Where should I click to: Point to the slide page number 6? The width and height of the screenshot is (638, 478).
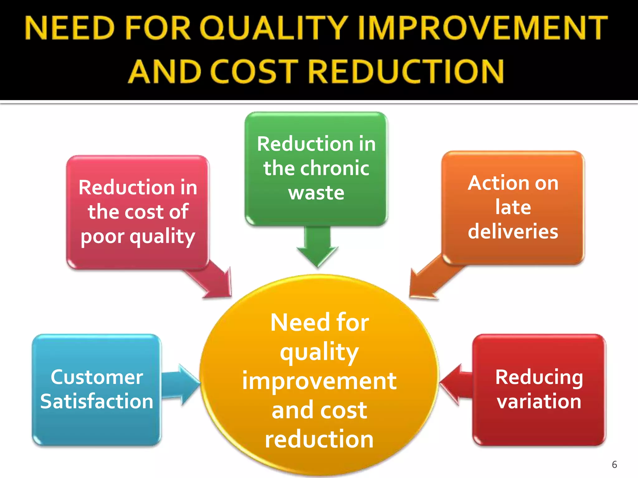pyautogui.click(x=614, y=464)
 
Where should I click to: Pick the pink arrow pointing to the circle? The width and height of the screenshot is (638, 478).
pyautogui.click(x=212, y=280)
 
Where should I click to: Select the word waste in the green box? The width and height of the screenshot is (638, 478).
pyautogui.click(x=316, y=193)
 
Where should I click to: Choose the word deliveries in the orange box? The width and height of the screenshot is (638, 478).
pyautogui.click(x=513, y=232)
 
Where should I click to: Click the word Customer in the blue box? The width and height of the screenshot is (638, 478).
pyautogui.click(x=97, y=377)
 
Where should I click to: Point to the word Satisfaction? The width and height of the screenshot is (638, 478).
pyautogui.click(x=97, y=401)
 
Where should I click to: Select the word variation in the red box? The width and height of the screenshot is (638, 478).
pyautogui.click(x=539, y=401)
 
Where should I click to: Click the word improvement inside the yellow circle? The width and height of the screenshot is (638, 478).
pyautogui.click(x=319, y=381)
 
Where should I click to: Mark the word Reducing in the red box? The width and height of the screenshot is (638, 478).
pyautogui.click(x=539, y=377)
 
